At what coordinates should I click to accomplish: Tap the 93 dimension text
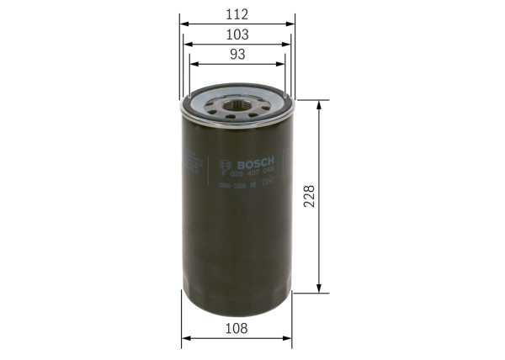click(x=238, y=55)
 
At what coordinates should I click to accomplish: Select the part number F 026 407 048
click(x=253, y=172)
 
